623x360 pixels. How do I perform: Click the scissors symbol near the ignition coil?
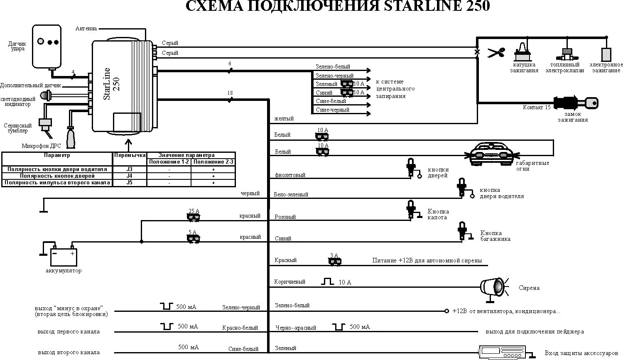tap(495, 53)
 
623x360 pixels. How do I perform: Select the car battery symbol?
tap(64, 256)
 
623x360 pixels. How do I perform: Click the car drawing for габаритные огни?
tap(492, 154)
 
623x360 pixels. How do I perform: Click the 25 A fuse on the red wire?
tap(193, 216)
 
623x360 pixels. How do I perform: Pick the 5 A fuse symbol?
tap(193, 238)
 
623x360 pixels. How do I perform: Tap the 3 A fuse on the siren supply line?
tap(334, 261)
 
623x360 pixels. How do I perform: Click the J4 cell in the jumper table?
tap(130, 176)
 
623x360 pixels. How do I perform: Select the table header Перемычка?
tap(130, 155)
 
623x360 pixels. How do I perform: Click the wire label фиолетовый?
tap(290, 175)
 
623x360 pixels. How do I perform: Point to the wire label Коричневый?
tap(290, 282)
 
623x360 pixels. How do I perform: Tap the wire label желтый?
tap(284, 119)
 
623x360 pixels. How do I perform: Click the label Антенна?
tap(86, 29)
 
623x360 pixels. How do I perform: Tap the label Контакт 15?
tap(537, 108)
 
